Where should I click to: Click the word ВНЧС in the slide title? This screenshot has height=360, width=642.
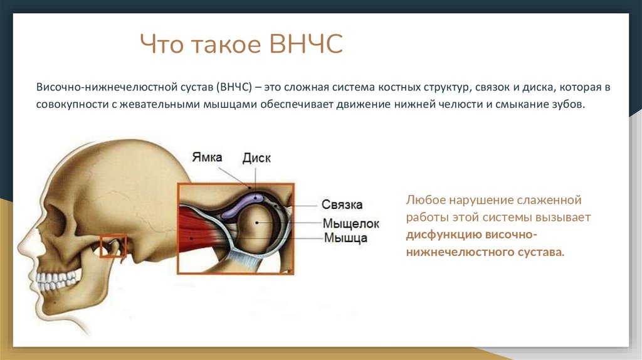[x=306, y=45]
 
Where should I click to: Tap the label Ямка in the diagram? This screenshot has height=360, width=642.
[x=208, y=157]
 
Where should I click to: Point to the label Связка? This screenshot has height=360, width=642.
[x=342, y=205]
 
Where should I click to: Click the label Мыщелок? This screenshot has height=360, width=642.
[x=351, y=223]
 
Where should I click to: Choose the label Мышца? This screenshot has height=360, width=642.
[x=345, y=238]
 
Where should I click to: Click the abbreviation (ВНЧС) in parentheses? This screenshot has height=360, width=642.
[x=234, y=87]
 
